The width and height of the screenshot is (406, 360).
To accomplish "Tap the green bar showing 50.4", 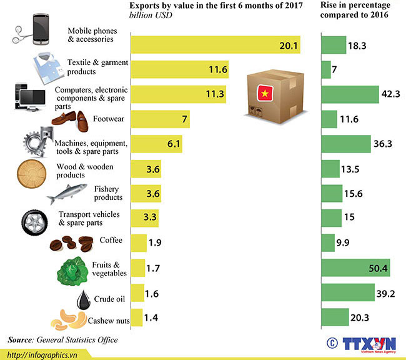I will (x=355, y=269).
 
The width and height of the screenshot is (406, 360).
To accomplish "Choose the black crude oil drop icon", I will (x=84, y=299).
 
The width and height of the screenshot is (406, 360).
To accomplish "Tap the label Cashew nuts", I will (x=109, y=321).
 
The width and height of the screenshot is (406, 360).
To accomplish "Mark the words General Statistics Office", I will (x=77, y=340).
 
